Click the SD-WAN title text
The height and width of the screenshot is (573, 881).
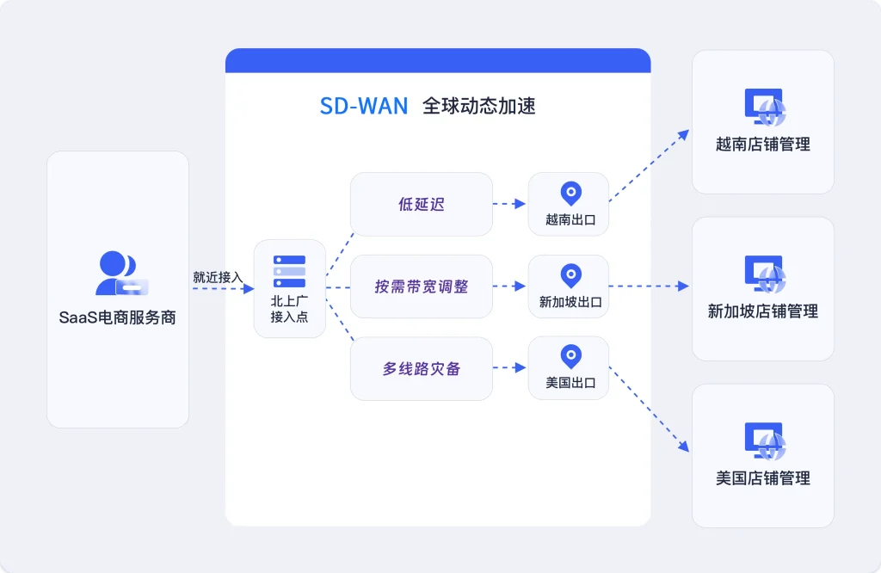(364, 106)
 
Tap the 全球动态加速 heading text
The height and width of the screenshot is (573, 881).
(478, 106)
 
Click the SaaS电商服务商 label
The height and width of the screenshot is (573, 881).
(118, 317)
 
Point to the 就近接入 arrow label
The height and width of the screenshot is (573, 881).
(218, 277)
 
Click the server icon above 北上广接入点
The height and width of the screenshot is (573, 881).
(289, 271)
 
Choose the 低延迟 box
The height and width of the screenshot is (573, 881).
(422, 204)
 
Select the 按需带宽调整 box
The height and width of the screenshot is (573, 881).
(422, 286)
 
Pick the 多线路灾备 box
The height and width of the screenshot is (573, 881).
(422, 368)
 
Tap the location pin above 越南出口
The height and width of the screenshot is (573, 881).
(570, 194)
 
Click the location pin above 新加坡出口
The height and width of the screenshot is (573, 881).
(570, 275)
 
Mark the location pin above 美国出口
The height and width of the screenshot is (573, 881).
(570, 357)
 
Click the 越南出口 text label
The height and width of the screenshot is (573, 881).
(570, 219)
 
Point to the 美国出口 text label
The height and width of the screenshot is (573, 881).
(570, 383)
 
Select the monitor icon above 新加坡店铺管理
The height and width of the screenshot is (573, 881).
(764, 273)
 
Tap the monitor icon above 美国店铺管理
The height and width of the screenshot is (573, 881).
(764, 440)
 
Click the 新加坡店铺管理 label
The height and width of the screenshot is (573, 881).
(763, 311)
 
